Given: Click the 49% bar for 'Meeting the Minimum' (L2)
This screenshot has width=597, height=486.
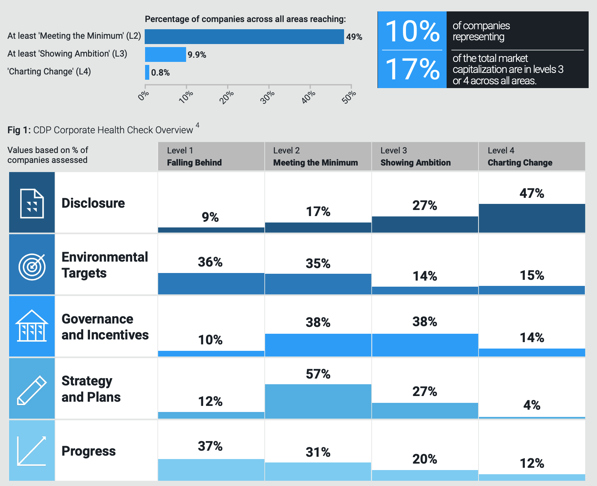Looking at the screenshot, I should click(244, 37).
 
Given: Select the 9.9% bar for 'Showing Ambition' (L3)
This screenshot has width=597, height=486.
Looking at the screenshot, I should click(166, 55).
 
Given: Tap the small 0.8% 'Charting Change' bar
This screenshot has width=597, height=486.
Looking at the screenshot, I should click(147, 73).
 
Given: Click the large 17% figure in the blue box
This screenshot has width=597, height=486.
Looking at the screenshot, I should click(412, 69).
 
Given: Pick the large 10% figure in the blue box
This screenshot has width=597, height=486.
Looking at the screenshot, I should click(412, 31).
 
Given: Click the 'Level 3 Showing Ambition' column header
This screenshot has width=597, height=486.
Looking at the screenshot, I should click(415, 156).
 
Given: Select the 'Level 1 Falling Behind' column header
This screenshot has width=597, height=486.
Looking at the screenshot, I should click(194, 156).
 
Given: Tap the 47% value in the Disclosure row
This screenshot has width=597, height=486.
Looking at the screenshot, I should click(532, 193).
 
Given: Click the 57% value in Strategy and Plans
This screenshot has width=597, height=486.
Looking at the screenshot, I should click(318, 374).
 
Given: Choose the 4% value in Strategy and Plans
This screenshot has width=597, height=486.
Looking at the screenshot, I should click(532, 405).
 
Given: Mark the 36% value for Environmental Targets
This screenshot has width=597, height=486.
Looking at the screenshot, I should click(210, 262).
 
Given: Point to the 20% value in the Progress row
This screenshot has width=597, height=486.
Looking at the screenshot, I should click(425, 459).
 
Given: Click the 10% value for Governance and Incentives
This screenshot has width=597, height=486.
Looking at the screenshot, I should click(210, 340).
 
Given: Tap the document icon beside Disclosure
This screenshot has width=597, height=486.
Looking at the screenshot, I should click(32, 203).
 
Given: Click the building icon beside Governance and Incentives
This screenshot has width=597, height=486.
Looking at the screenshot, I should click(32, 326).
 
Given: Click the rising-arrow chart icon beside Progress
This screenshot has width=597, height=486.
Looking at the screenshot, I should click(32, 451).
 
